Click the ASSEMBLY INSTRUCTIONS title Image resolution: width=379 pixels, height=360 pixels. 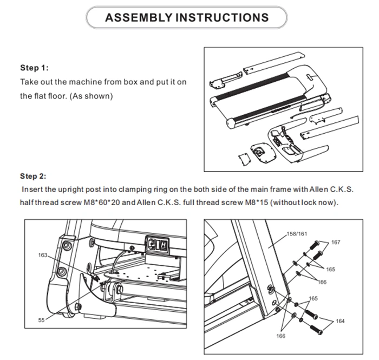(187, 17)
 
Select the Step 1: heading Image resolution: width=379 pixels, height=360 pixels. (35, 68)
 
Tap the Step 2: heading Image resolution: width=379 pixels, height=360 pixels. (34, 176)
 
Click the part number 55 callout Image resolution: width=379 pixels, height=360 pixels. (41, 320)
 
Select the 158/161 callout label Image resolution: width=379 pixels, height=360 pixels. (296, 234)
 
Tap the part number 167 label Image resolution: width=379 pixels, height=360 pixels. (336, 242)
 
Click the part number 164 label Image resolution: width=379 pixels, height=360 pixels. (340, 322)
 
